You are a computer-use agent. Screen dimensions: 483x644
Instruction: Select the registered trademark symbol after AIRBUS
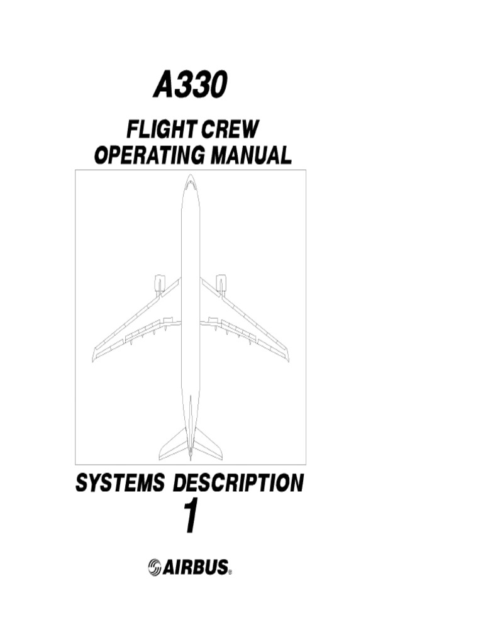(x=230, y=572)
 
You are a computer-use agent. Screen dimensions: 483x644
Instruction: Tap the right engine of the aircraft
(x=221, y=284)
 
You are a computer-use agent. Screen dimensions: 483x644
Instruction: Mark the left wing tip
(x=94, y=355)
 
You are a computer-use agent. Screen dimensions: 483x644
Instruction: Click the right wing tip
(x=287, y=355)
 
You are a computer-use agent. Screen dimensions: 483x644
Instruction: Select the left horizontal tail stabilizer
(x=174, y=445)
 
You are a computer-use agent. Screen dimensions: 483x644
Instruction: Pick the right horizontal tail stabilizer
(x=208, y=445)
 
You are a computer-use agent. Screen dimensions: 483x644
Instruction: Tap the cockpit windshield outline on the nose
(x=191, y=184)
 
